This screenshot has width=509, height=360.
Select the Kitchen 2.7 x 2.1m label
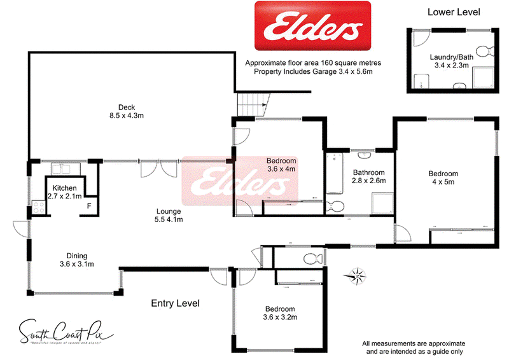[64, 192]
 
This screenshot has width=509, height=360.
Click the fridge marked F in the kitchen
[89, 205]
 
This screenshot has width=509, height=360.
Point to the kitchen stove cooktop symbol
[37, 207]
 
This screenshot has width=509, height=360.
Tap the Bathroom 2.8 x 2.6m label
[369, 176]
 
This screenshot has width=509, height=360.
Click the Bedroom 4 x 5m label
[443, 178]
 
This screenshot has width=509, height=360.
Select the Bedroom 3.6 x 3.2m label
[281, 312]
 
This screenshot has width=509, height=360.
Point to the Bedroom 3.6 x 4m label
[281, 165]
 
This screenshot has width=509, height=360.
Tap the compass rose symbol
[357, 275]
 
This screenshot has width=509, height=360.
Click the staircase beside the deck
[252, 104]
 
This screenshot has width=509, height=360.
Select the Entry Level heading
[175, 303]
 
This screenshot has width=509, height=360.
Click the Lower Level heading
[454, 11]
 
